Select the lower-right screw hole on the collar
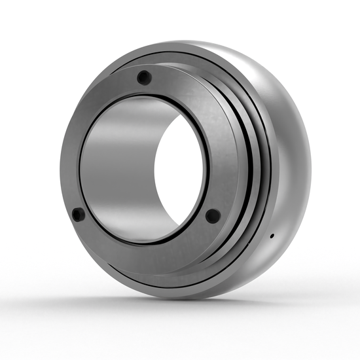213,215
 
